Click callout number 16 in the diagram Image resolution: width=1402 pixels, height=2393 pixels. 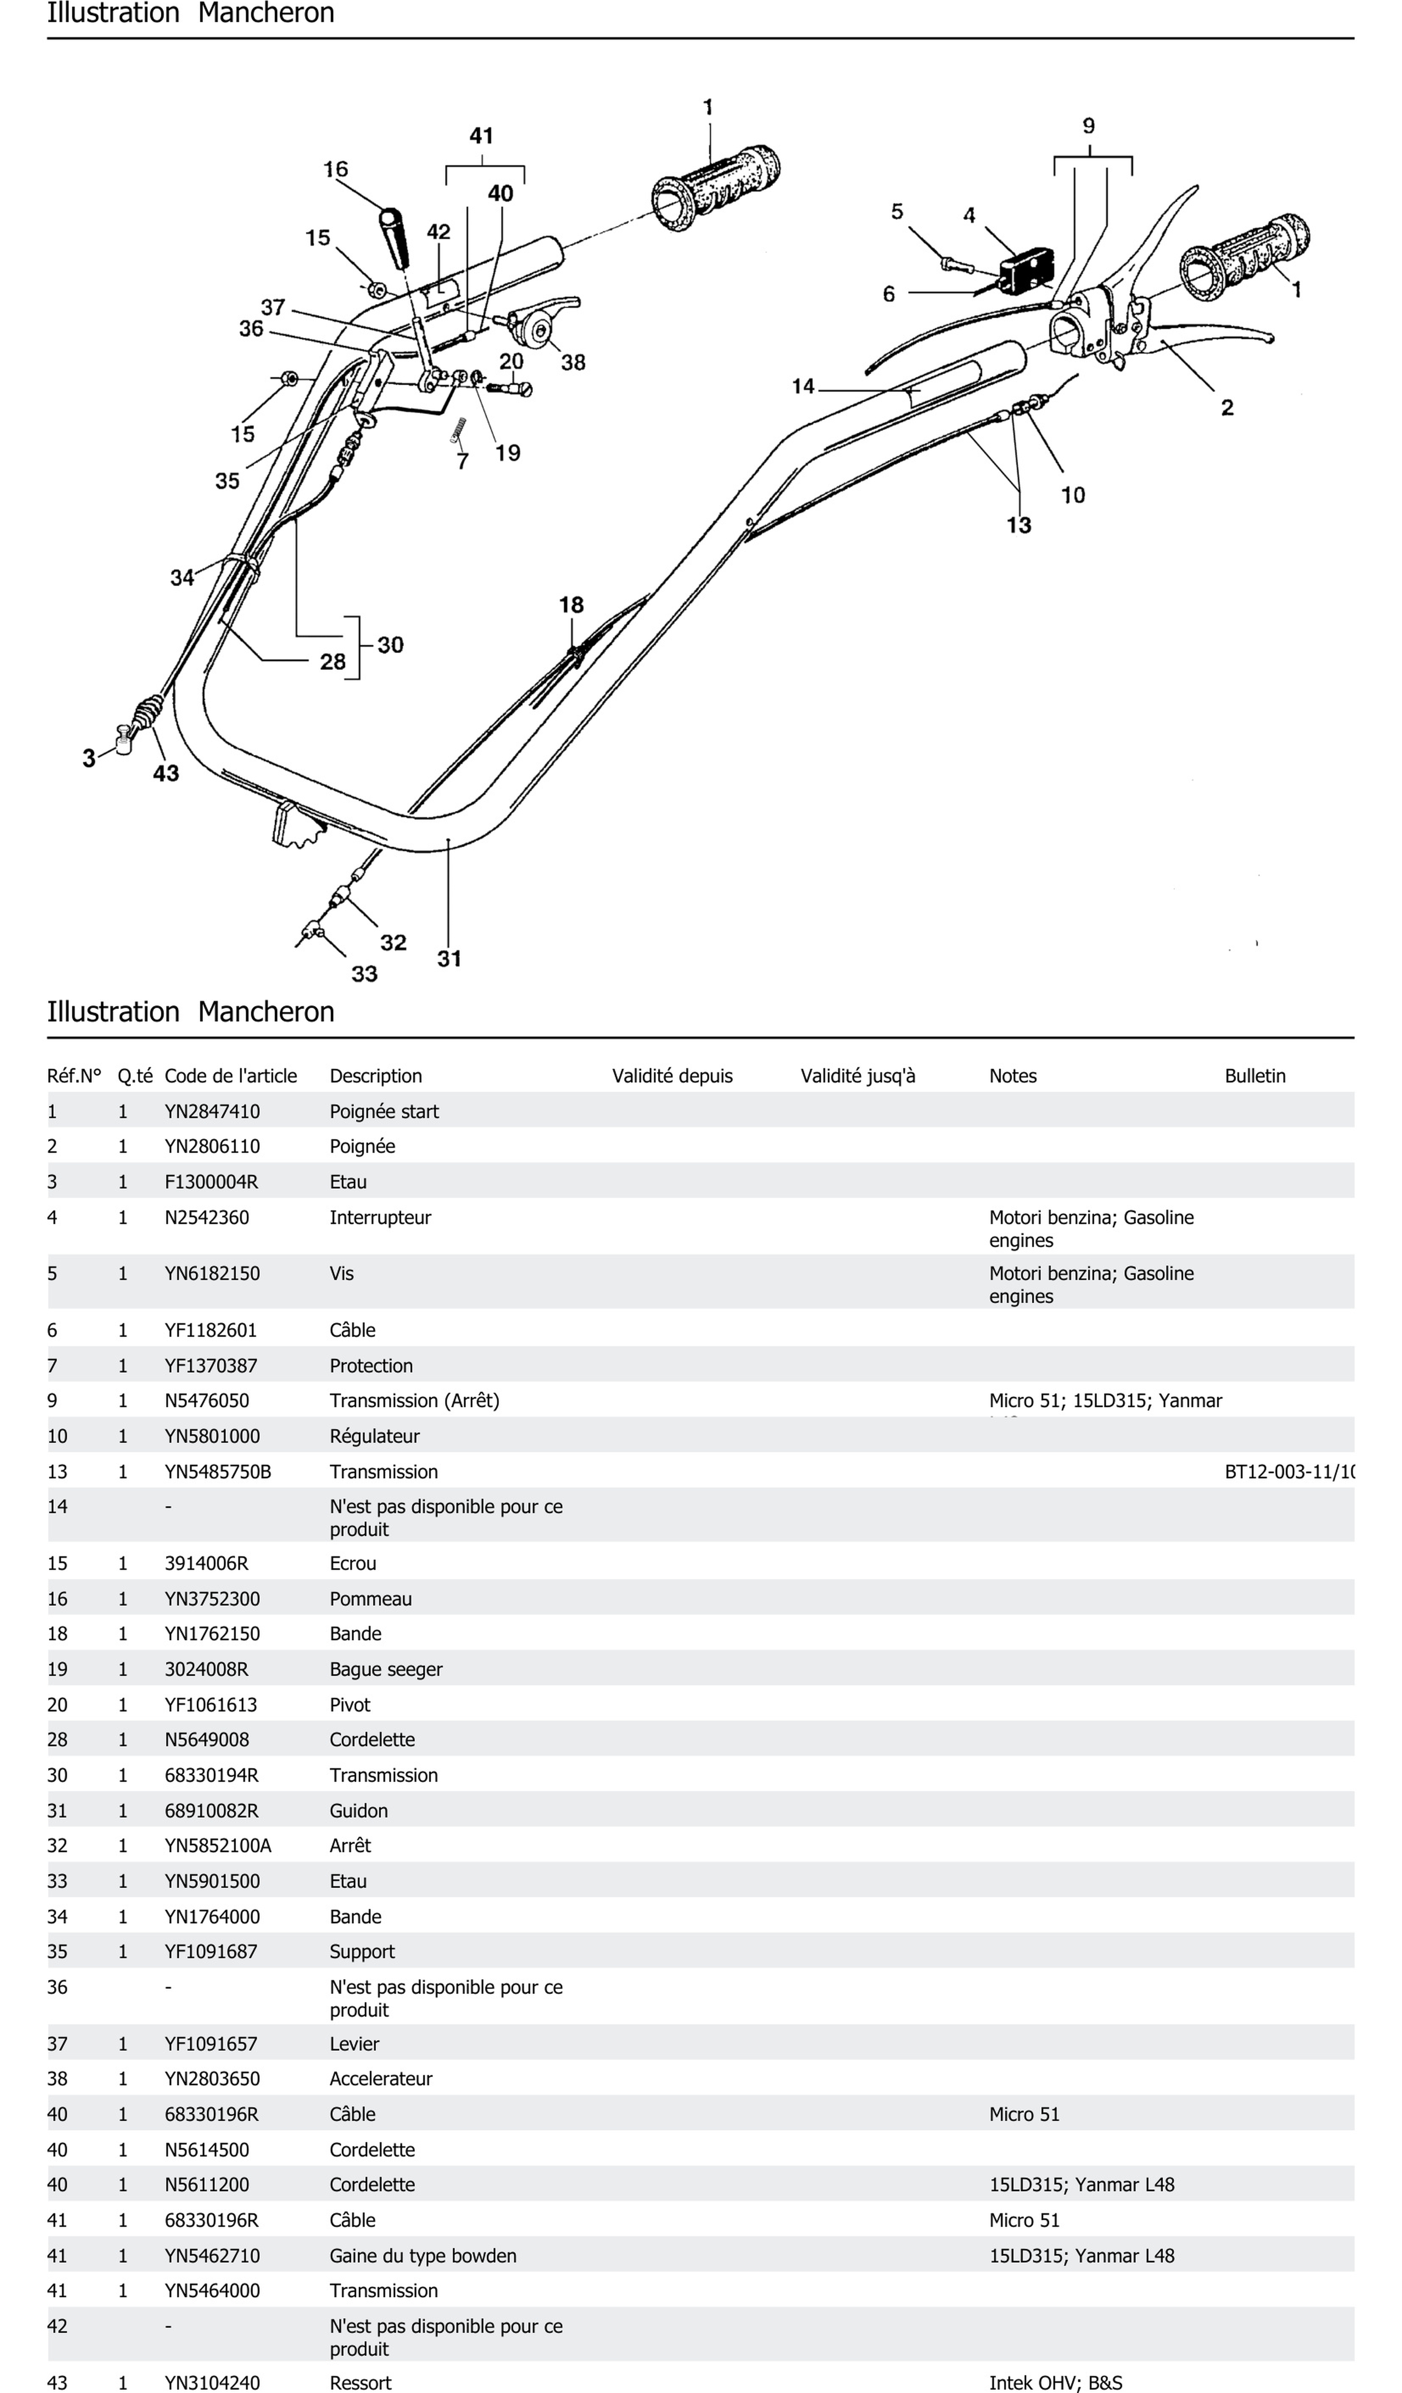click(335, 169)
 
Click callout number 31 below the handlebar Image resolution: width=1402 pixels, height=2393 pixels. click(449, 959)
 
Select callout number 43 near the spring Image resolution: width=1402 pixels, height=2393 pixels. click(166, 774)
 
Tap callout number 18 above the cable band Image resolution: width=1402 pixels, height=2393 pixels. click(571, 605)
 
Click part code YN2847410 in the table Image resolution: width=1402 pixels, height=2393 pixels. click(212, 1111)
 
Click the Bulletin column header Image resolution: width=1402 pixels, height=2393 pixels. click(1255, 1076)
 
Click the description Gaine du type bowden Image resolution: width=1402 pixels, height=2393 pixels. click(423, 2255)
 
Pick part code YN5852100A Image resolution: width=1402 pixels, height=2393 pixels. click(218, 1845)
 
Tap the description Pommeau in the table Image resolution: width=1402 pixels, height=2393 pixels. click(371, 1599)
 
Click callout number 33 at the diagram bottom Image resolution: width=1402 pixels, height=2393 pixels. click(365, 974)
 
